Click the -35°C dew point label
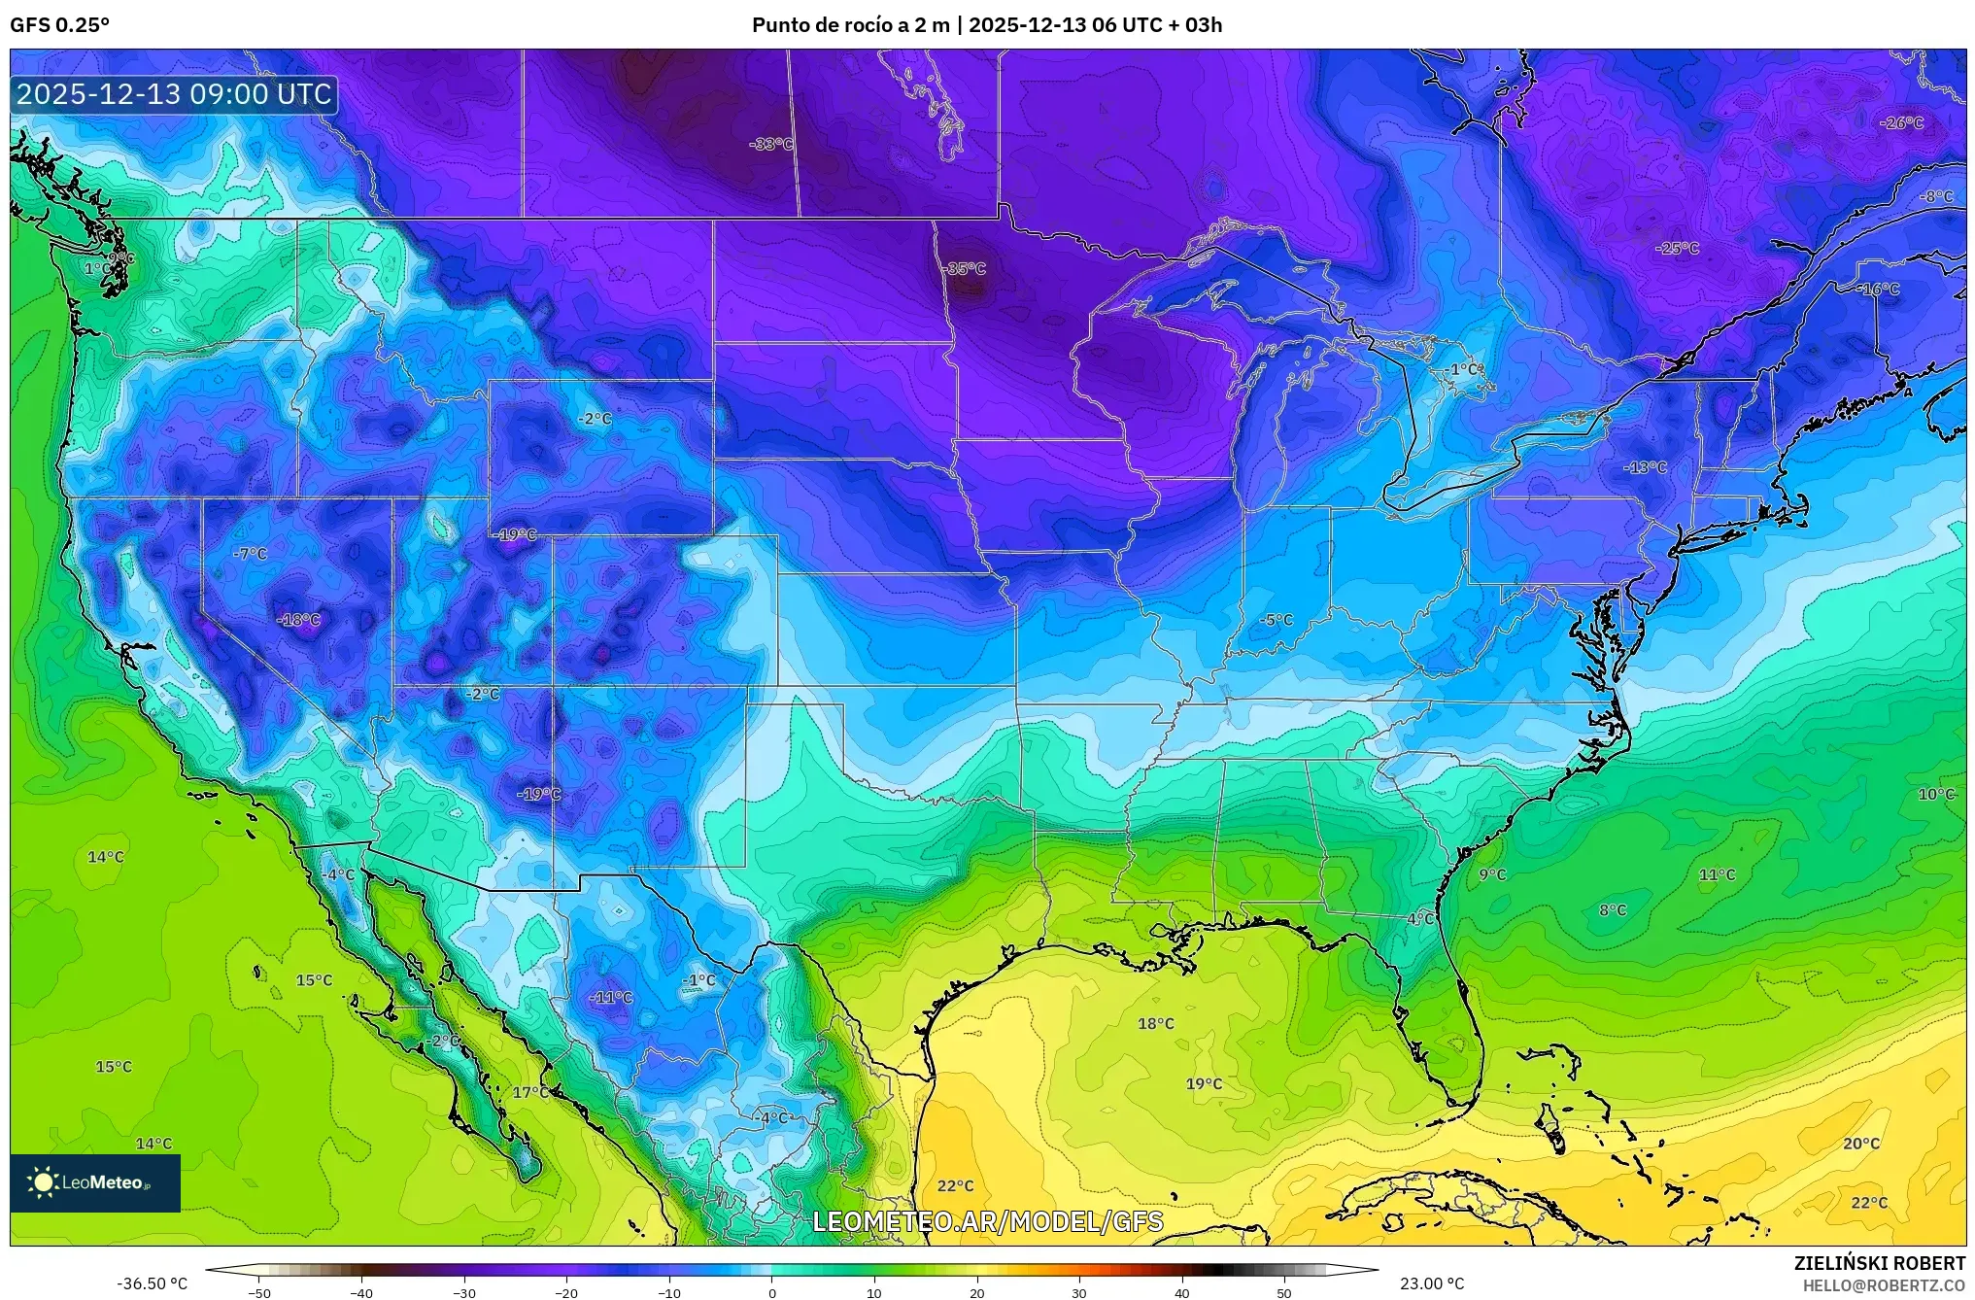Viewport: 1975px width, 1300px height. [x=966, y=269]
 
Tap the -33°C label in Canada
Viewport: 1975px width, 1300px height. [x=771, y=145]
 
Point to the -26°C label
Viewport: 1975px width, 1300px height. [x=1901, y=123]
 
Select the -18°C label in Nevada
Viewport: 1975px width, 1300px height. [x=298, y=620]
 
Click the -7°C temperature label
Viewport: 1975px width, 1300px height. [x=251, y=554]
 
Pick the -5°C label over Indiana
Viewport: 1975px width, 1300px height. [x=1277, y=620]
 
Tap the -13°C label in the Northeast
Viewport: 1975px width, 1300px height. [x=1645, y=467]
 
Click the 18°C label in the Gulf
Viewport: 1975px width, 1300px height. [x=1156, y=1024]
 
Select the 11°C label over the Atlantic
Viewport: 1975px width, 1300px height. [x=1717, y=875]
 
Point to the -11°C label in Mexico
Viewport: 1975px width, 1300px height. [x=611, y=998]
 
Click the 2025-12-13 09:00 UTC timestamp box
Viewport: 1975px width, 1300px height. [x=175, y=95]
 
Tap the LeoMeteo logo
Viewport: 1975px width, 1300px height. [x=94, y=1182]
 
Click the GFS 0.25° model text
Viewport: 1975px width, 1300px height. [x=59, y=25]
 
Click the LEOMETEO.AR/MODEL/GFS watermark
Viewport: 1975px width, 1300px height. [x=987, y=1221]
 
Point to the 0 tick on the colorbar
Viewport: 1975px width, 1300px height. [x=772, y=1292]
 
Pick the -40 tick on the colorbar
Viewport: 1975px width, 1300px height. [x=361, y=1292]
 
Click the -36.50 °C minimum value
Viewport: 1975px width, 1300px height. [x=152, y=1284]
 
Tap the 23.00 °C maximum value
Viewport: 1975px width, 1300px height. [x=1432, y=1284]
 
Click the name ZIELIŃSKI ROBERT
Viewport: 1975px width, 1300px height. [x=1879, y=1264]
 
